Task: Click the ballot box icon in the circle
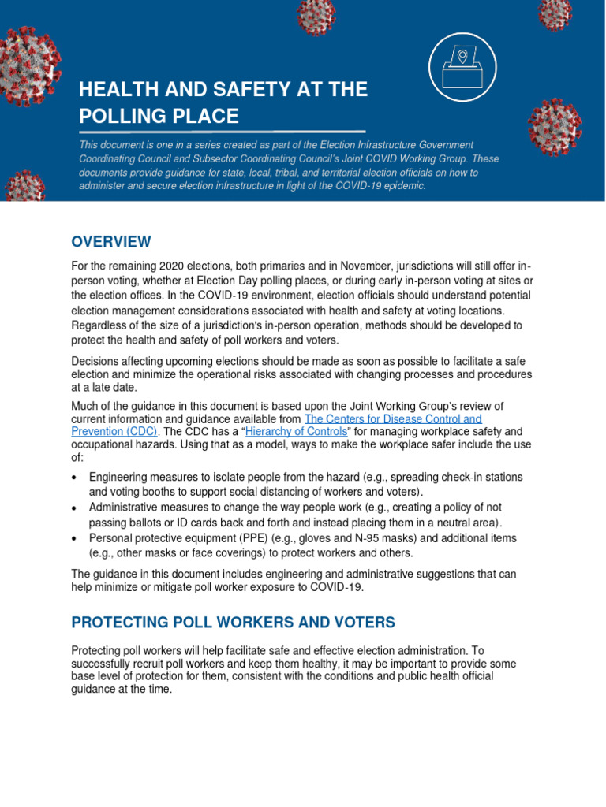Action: [x=462, y=66]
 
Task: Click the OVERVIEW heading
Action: [x=110, y=241]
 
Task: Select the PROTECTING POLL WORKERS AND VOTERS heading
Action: [x=233, y=623]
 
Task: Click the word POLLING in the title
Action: [x=125, y=117]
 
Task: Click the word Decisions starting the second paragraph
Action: [x=97, y=360]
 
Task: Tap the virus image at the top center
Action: [x=316, y=16]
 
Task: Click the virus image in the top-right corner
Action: [x=555, y=12]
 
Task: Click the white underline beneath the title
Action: [x=221, y=132]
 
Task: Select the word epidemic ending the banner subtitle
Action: [x=403, y=186]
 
